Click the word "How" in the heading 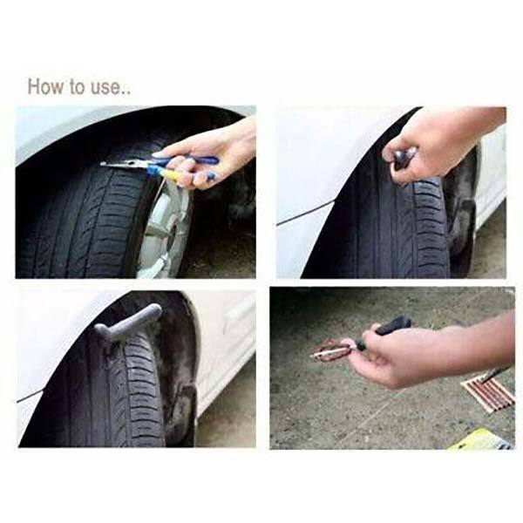click(x=44, y=87)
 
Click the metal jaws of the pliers click(x=118, y=165)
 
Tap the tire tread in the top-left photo click(x=78, y=227)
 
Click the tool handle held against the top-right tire click(x=403, y=158)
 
